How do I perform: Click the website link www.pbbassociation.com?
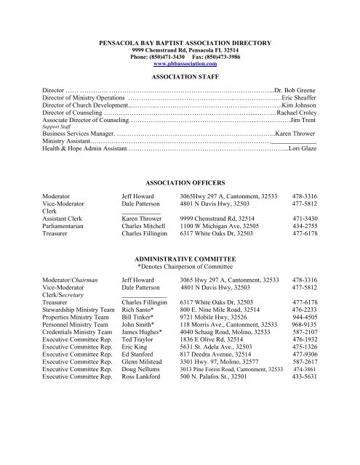coord(180,64)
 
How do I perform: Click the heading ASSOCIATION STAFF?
coord(180,84)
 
